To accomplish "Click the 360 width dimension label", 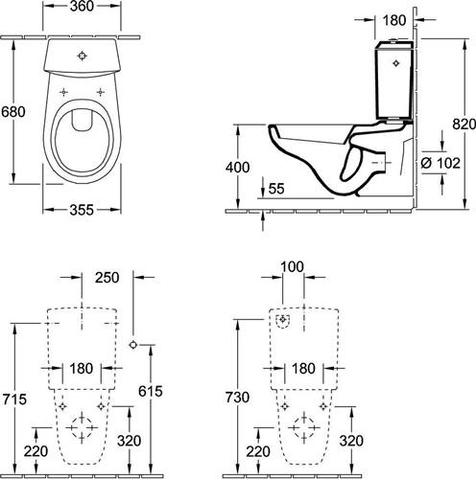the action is coord(82,7).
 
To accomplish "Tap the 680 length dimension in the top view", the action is coord(13,112).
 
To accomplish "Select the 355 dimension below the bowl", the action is coord(82,210).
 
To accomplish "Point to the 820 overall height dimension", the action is coord(464,124).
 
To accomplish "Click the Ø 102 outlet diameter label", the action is coord(440,163).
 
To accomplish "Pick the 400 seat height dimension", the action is coord(237,168).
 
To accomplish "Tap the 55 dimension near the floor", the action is coord(276,189).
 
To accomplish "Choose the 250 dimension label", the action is coord(107,278).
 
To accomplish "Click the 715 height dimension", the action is coord(14,399).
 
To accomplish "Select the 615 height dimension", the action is coord(151,391).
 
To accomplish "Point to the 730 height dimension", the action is coord(237,398).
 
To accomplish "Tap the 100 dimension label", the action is coord(293,266).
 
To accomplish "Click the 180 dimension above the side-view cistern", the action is coord(394,20).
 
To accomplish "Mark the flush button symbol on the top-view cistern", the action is coord(83,56).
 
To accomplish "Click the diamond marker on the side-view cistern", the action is coord(396,63).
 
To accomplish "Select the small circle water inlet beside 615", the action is coord(133,345).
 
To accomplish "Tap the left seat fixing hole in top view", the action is coord(64,92).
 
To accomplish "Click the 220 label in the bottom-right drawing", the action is coord(258,451).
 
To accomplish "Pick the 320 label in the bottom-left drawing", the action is coord(129,441).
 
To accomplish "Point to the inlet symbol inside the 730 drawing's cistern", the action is coord(282,320).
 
